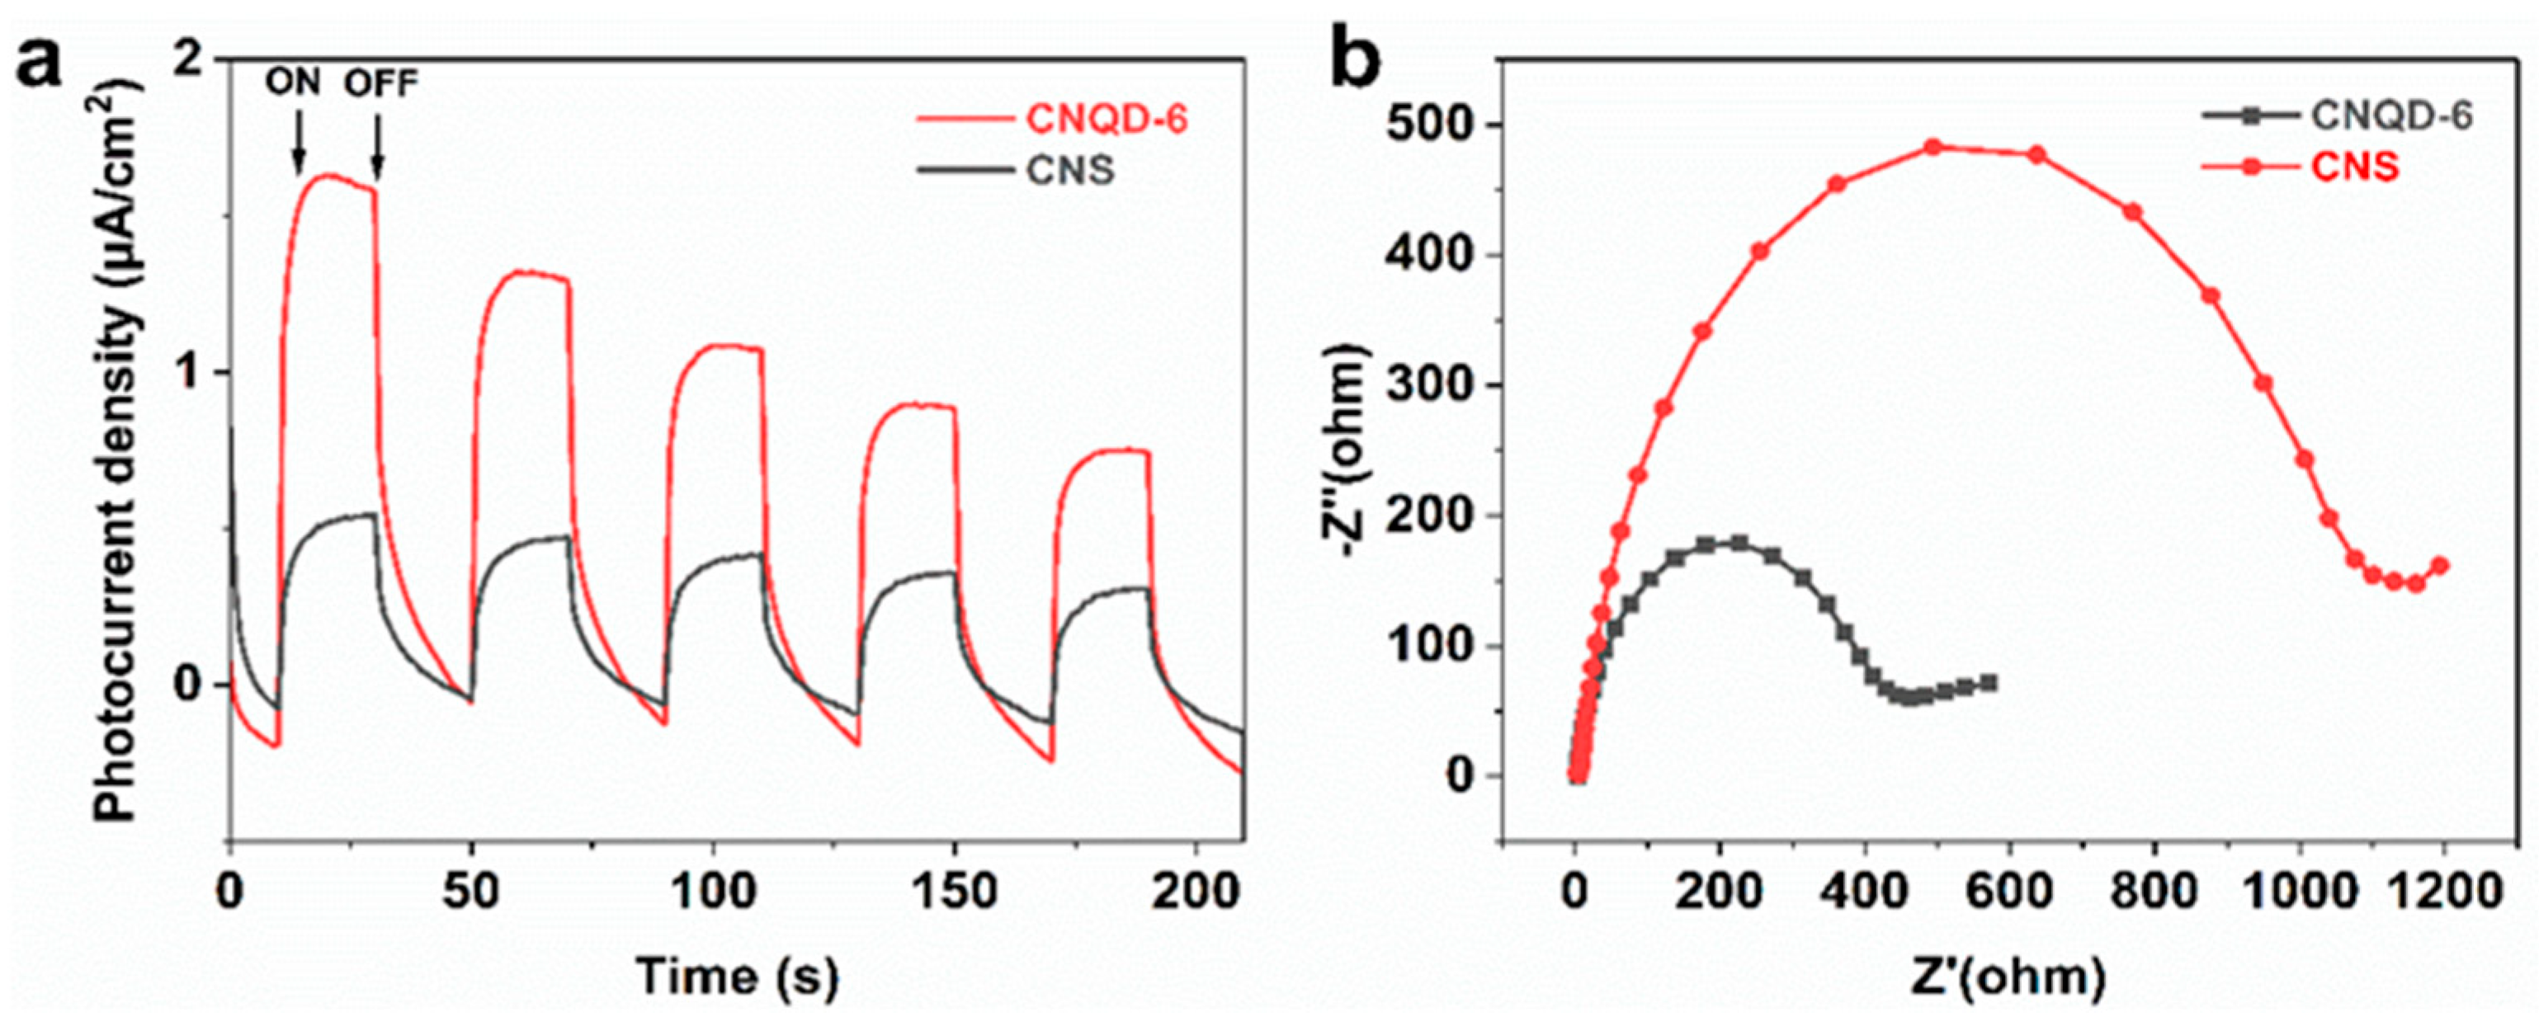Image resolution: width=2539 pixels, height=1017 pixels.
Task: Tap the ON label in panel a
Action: pyautogui.click(x=293, y=84)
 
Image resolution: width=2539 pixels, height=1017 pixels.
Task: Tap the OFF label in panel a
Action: pyautogui.click(x=380, y=84)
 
